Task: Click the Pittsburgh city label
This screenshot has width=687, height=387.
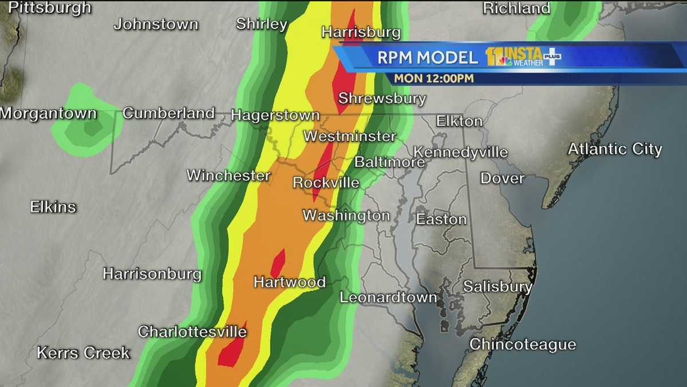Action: [50, 7]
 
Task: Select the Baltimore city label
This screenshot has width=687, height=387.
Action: [389, 162]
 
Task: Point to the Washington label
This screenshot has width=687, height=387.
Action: [346, 216]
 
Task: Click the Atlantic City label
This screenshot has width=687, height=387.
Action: [614, 149]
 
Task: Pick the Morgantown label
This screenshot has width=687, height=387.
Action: [48, 113]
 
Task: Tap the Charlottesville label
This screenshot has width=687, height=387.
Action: [192, 331]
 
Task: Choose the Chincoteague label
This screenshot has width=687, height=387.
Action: [522, 344]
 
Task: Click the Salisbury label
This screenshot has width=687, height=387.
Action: [498, 286]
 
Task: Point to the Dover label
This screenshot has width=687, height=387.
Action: [502, 178]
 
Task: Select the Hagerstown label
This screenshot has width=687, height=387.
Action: [275, 115]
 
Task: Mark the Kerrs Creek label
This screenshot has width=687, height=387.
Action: [84, 353]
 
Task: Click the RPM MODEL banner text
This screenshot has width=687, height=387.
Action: [427, 57]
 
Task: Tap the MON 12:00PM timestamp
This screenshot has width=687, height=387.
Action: [433, 78]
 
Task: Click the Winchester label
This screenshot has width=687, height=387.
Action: [228, 175]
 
